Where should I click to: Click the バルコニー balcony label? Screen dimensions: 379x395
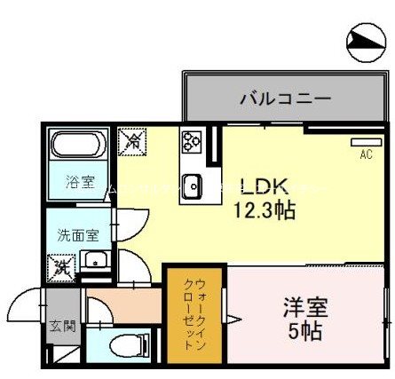273,99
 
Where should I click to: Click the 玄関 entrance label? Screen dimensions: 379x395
62,326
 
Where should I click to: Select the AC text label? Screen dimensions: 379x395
365,154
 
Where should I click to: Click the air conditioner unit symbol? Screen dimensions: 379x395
365,141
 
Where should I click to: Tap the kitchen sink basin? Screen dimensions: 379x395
193,186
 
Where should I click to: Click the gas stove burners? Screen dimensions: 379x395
193,141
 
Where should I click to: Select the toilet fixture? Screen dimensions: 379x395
122,345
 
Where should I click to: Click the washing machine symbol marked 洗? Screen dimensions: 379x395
62,264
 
